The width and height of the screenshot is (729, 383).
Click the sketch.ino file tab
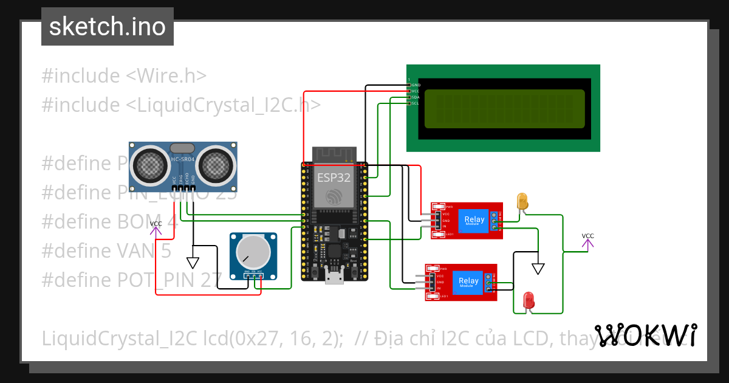point(107,27)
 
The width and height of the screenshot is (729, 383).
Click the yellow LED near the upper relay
point(522,201)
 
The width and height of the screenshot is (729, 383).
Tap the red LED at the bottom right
point(529,300)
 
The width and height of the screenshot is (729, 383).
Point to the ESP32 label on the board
point(334,178)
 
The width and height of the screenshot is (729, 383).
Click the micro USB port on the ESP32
point(334,278)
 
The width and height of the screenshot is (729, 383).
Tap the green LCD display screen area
point(504,109)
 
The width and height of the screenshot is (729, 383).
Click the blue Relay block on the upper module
point(474,220)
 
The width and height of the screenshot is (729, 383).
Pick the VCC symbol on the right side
point(587,242)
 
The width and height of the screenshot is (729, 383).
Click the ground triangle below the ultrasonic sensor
point(193,263)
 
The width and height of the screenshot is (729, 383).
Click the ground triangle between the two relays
point(538,268)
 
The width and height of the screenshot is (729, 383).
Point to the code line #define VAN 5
point(106,250)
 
